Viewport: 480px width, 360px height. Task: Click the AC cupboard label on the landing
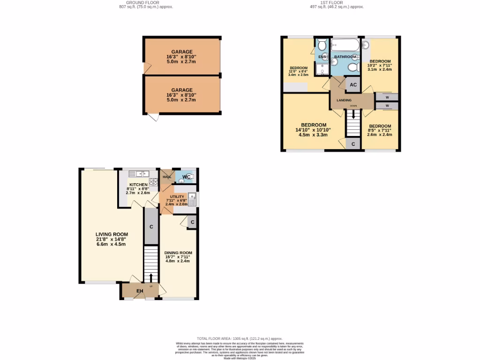tap(353, 85)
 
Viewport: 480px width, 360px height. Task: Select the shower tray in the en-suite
tap(322, 69)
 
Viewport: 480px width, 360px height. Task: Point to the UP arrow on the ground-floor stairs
tap(151, 277)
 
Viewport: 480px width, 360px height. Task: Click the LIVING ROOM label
tap(112, 234)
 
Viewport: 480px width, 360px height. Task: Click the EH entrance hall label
tap(139, 292)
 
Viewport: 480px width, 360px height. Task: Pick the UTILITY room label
tap(177, 197)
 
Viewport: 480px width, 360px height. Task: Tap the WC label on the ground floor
tap(187, 177)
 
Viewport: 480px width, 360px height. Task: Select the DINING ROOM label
tap(178, 253)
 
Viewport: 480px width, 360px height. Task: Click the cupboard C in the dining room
tap(192, 222)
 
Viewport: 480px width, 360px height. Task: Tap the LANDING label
tap(344, 100)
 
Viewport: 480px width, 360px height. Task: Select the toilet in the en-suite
tap(322, 45)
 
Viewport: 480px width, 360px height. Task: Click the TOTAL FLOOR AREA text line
tap(240, 338)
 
